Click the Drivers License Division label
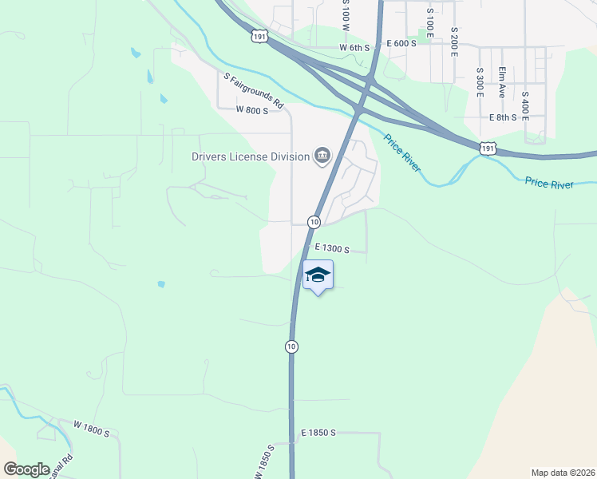pyautogui.click(x=250, y=156)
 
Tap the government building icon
pyautogui.click(x=322, y=155)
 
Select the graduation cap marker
pyautogui.click(x=318, y=275)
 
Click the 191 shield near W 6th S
pyautogui.click(x=258, y=37)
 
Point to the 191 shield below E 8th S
pyautogui.click(x=489, y=148)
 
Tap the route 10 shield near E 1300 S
pyautogui.click(x=314, y=221)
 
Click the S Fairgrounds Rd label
pyautogui.click(x=254, y=91)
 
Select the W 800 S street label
pyautogui.click(x=251, y=110)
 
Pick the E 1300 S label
pyautogui.click(x=332, y=249)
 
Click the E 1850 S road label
pyautogui.click(x=318, y=433)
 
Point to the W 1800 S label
pyautogui.click(x=91, y=430)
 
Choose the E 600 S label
pyautogui.click(x=401, y=43)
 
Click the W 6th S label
pyautogui.click(x=354, y=48)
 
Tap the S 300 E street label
pyautogui.click(x=480, y=82)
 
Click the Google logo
pyautogui.click(x=27, y=469)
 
